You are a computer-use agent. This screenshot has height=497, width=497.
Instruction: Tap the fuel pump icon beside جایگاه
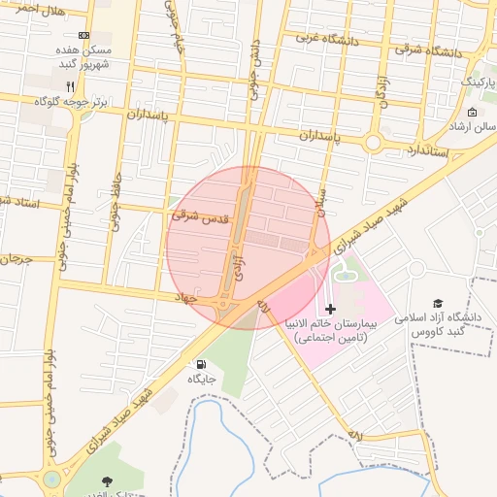pos(199,365)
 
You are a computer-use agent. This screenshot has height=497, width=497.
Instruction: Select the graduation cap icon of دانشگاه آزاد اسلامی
pos(438,304)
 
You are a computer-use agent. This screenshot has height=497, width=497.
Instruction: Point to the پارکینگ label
pos(477,82)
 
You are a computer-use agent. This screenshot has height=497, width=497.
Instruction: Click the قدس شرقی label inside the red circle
pos(199,216)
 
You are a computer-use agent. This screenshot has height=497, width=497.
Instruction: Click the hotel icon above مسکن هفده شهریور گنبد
pos(83,34)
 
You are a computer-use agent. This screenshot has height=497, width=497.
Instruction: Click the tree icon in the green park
pos(106,480)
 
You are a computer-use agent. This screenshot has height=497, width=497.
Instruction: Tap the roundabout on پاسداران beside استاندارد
pos(373,144)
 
